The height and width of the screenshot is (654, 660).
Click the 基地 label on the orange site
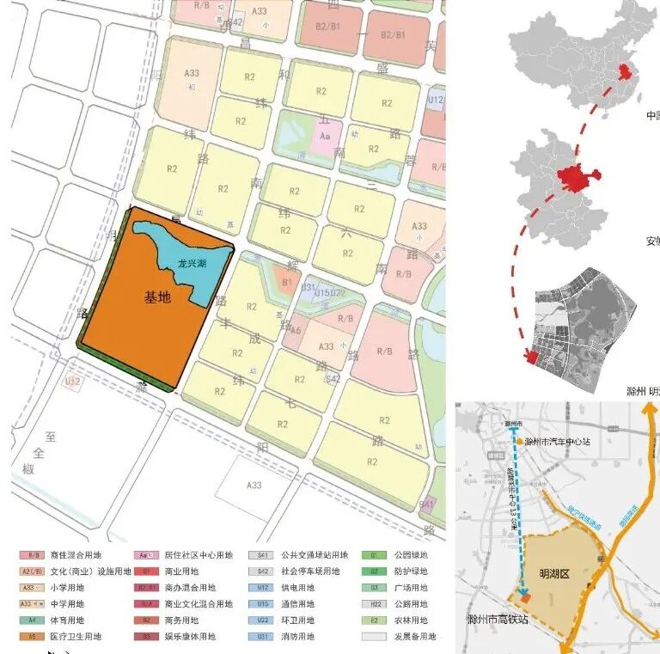pyautogui.click(x=157, y=297)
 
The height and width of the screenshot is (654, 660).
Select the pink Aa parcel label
pyautogui.click(x=325, y=136)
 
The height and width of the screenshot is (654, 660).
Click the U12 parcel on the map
pyautogui.click(x=436, y=100)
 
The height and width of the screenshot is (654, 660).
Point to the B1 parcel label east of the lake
pyautogui.click(x=287, y=280)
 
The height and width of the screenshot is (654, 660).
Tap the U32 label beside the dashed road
pyautogui.click(x=72, y=381)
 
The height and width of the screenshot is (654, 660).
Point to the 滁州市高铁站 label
pyautogui.click(x=491, y=619)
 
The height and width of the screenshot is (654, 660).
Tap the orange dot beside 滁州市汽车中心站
pyautogui.click(x=519, y=442)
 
